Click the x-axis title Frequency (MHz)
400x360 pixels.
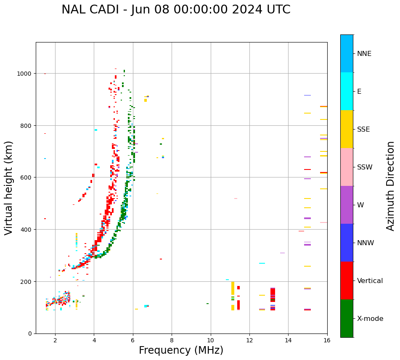click(x=181, y=350)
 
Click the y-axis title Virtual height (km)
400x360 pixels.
click(x=9, y=188)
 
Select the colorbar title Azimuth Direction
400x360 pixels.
click(x=391, y=186)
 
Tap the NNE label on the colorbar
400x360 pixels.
click(x=364, y=53)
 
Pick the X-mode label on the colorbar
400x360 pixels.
click(x=370, y=318)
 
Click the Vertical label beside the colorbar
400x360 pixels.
click(x=370, y=281)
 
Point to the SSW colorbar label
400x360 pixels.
click(x=365, y=167)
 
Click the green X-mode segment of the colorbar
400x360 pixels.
click(x=347, y=318)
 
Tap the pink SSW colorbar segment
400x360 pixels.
click(x=347, y=167)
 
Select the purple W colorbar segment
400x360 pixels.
click(x=347, y=205)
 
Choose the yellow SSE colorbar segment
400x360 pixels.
click(x=347, y=129)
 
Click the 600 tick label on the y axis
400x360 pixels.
click(x=26, y=177)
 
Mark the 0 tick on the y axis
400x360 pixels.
click(x=30, y=334)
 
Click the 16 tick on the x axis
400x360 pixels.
click(x=327, y=340)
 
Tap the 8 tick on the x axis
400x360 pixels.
click(x=172, y=340)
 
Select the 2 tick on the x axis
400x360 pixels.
click(x=55, y=340)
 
